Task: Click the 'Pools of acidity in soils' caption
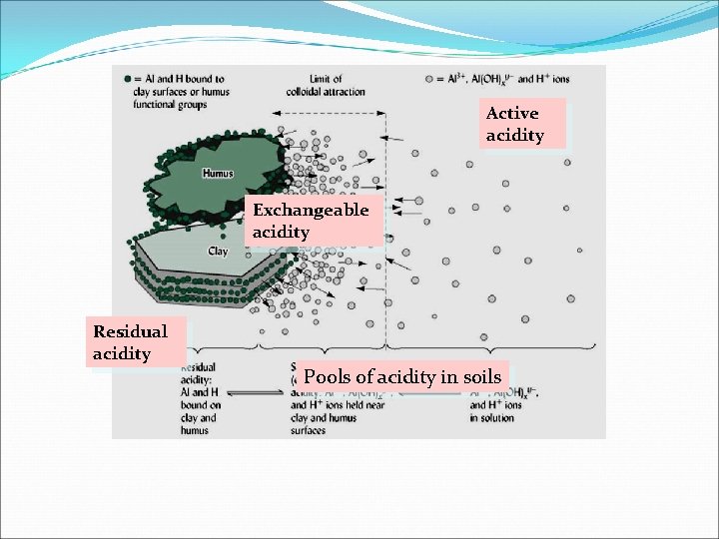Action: tap(402, 377)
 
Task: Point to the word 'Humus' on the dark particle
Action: tap(217, 174)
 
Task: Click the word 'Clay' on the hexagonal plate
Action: tap(217, 252)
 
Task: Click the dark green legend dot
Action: tap(127, 79)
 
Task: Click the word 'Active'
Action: tap(512, 113)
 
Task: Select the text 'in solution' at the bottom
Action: tap(492, 418)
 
